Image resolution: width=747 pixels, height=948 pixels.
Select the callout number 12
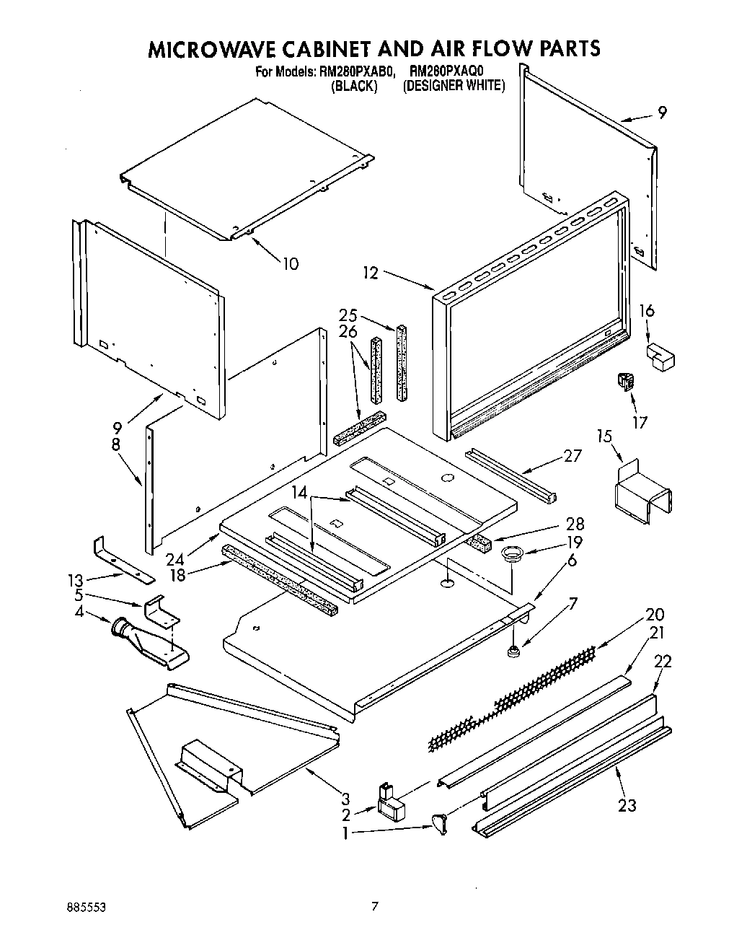click(370, 273)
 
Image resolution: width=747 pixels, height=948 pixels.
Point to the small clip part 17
click(624, 383)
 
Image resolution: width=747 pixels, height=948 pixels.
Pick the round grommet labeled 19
click(512, 554)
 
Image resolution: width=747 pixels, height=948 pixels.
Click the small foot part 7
click(514, 653)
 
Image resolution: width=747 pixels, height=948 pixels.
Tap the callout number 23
click(627, 805)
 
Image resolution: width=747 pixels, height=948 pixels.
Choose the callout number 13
click(75, 579)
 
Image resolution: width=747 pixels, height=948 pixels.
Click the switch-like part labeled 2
click(389, 803)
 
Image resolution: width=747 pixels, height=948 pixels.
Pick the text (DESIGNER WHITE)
click(454, 86)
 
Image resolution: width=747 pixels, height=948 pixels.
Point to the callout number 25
click(348, 315)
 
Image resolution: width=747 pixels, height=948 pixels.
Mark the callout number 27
click(573, 456)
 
